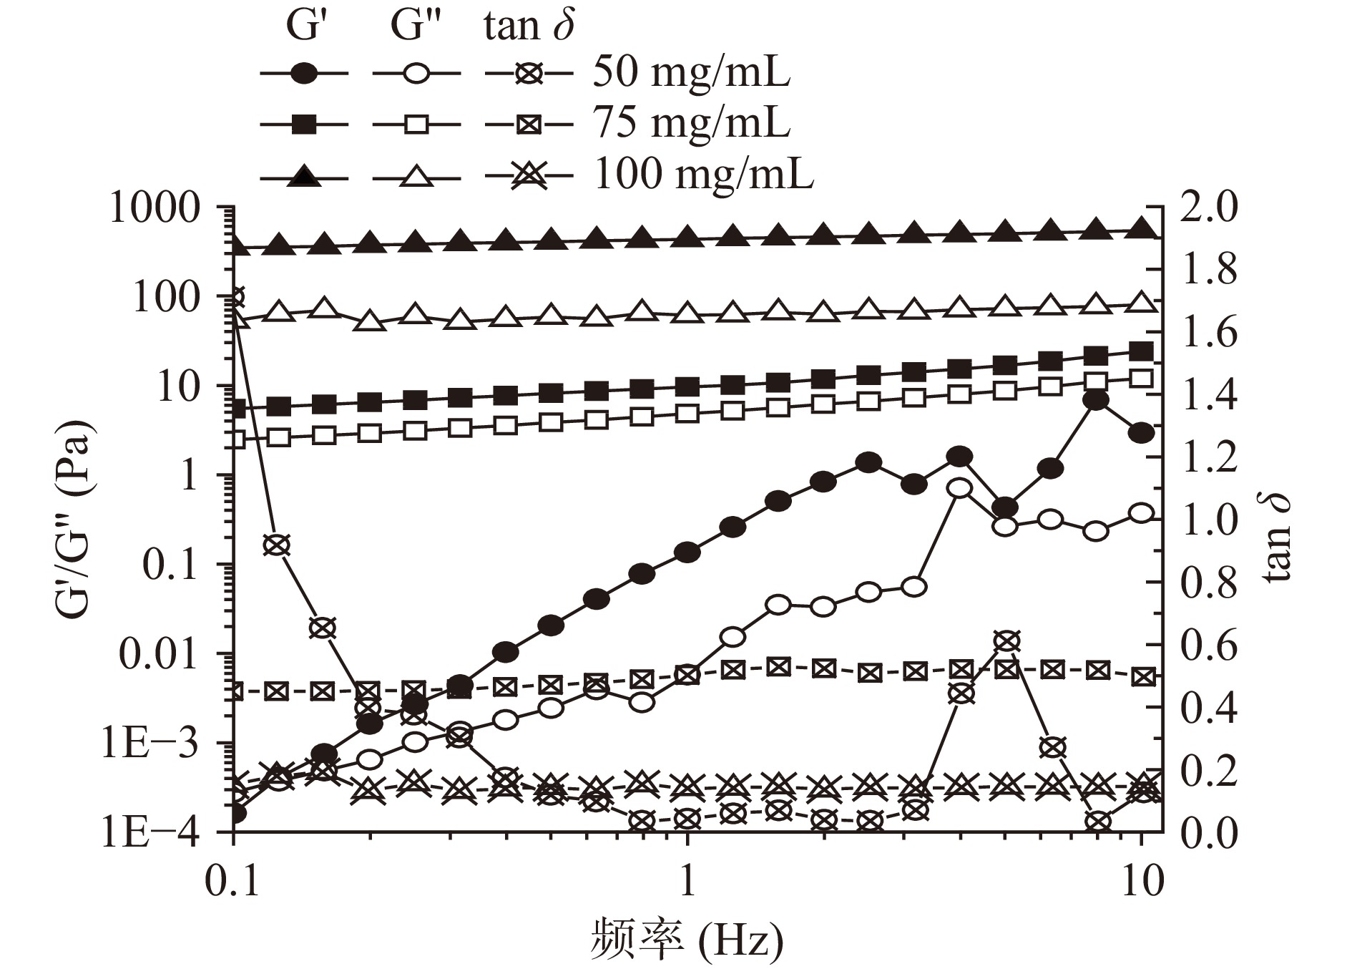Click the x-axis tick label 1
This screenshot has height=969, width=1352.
687,882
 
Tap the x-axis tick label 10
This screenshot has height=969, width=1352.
1141,882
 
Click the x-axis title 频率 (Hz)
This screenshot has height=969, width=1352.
687,939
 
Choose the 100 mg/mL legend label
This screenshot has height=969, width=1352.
704,175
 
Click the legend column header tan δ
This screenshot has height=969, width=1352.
529,26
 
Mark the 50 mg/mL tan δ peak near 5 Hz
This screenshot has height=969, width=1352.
1006,641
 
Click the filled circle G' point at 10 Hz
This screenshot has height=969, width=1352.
1142,433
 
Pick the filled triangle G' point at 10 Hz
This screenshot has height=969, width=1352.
1142,229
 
